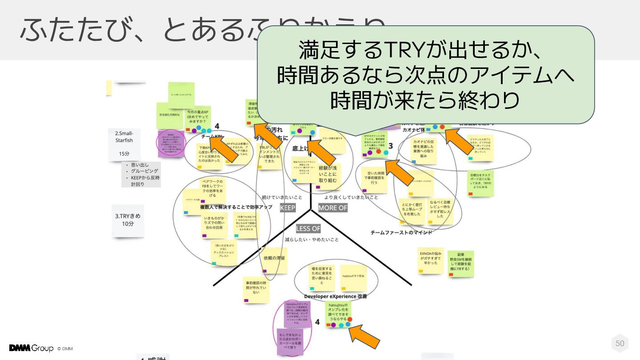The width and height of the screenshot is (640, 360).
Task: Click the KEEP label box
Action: click(x=288, y=208)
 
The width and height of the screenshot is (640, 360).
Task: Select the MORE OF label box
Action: click(x=333, y=208)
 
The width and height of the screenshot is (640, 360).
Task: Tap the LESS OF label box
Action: click(x=308, y=228)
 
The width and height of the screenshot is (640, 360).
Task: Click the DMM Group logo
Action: click(x=31, y=348)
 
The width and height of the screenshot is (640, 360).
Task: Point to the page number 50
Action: click(x=620, y=343)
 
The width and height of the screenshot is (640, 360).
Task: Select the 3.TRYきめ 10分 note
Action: click(x=128, y=220)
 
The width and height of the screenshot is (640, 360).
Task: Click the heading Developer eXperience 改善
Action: click(x=336, y=296)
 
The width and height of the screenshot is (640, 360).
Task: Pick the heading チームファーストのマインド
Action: click(x=401, y=232)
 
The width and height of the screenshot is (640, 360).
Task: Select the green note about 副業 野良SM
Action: click(x=460, y=263)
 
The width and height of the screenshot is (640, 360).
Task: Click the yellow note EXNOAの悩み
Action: click(x=431, y=260)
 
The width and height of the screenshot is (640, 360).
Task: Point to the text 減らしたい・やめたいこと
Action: click(x=312, y=240)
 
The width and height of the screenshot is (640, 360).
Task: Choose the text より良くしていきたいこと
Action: click(x=351, y=197)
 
